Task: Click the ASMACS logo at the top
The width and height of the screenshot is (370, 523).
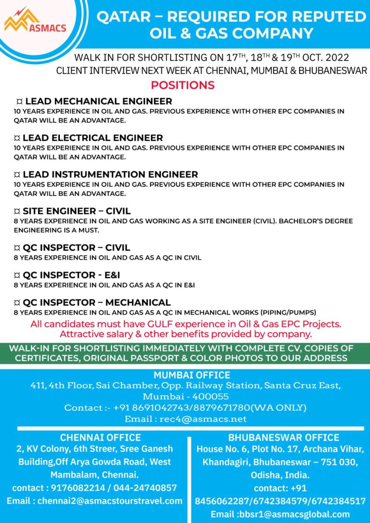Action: pyautogui.click(x=35, y=21)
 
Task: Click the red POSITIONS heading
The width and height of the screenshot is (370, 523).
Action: pyautogui.click(x=183, y=85)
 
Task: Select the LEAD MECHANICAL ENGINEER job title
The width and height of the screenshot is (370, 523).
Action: pyautogui.click(x=98, y=101)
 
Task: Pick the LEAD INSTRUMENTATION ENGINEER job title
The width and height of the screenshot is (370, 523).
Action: pyautogui.click(x=110, y=174)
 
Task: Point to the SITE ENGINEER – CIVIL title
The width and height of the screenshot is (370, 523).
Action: pyautogui.click(x=77, y=211)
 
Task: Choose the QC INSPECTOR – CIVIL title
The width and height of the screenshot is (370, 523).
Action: pyautogui.click(x=76, y=248)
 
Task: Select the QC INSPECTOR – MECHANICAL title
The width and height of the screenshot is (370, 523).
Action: pyautogui.click(x=96, y=302)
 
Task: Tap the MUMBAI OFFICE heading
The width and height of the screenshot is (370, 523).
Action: pyautogui.click(x=192, y=375)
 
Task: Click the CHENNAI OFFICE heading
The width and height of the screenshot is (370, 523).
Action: pyautogui.click(x=100, y=437)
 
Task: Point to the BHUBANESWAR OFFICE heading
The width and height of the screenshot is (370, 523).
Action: pyautogui.click(x=284, y=437)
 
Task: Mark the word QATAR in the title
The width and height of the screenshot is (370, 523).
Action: pyautogui.click(x=122, y=17)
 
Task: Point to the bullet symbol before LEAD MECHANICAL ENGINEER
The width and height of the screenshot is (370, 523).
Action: pyautogui.click(x=19, y=102)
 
